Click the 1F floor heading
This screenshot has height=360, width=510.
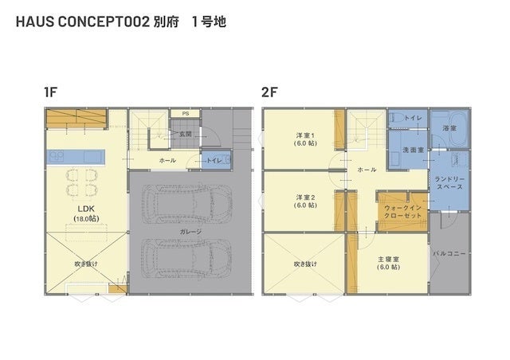coord(51,92)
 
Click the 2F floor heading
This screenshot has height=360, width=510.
coord(269,92)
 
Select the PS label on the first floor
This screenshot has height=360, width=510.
coord(186,114)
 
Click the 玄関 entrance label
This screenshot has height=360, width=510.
coord(186,134)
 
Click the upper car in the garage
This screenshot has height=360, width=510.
coord(187,204)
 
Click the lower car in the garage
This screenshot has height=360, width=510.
coord(187,259)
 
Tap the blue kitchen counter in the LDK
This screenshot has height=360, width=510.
coord(76,158)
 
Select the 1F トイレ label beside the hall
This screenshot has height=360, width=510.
coord(214,160)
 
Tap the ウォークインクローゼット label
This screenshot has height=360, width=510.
coord(402,212)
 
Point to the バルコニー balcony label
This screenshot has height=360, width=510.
coord(449,253)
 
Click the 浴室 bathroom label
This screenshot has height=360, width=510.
coord(449,128)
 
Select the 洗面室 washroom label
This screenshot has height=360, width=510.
coord(413,150)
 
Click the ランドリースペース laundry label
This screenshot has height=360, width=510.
coord(449,183)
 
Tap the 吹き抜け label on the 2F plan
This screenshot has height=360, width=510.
coord(305,264)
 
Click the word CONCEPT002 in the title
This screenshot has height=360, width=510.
coord(104,22)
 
